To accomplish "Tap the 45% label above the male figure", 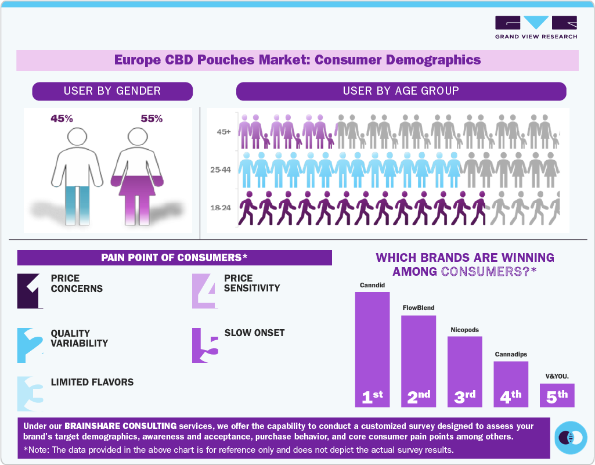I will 62,118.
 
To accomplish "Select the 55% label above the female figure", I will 152,118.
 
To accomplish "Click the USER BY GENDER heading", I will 112,91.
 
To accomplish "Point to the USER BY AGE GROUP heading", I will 401,91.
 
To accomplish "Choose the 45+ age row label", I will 223,132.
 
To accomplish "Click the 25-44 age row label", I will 221,170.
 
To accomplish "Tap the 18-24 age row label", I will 221,207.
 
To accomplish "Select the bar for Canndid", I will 372,348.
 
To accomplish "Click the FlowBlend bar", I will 419,360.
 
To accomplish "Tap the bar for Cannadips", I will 511,383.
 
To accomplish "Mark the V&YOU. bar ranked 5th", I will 557,396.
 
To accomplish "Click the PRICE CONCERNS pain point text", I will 77,283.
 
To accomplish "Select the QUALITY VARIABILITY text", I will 79,338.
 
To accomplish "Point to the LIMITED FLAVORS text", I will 92,382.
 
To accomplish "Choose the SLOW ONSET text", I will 254,333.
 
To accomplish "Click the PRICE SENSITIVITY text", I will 252,283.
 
